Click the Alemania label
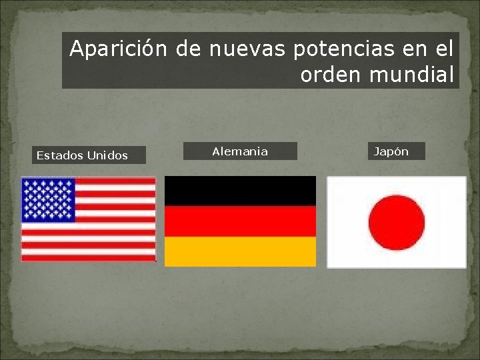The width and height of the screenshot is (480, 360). tap(240, 151)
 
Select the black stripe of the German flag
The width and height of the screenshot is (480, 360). tap(240, 191)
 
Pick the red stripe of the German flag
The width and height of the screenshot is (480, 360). tap(240, 221)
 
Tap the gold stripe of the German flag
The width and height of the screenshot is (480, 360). tap(240, 251)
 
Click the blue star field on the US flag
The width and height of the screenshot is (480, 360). tap(49, 199)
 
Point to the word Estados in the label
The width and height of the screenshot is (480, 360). tap(59, 155)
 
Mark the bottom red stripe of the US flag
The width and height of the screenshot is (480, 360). tap(88, 257)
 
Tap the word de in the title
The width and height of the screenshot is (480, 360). tap(189, 49)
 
